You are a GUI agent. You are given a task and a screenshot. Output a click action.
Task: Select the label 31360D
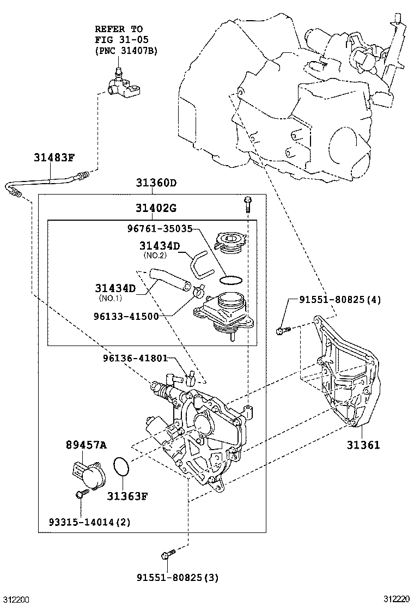[156, 183]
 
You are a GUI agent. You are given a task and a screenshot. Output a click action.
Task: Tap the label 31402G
[156, 208]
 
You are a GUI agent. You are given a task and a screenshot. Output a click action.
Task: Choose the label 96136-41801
[135, 358]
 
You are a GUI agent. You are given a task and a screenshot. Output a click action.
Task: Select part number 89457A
[86, 445]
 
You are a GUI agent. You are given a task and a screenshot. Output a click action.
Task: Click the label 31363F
[127, 496]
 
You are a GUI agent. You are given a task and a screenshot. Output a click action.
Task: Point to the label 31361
[363, 445]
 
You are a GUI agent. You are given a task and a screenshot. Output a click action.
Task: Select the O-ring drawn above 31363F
[122, 467]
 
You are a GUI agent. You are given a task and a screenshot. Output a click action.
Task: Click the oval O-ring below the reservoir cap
[230, 280]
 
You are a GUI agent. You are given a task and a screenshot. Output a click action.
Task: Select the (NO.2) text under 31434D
[154, 255]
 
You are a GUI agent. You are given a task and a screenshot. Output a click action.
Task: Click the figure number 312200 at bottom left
[15, 599]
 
